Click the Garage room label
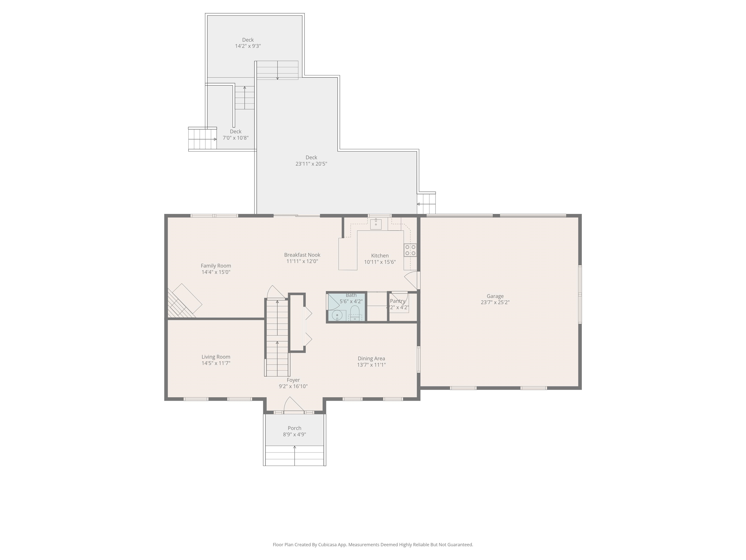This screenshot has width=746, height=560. click(495, 296)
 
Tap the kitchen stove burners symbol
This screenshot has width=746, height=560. click(410, 250)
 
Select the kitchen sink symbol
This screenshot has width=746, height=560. click(376, 224)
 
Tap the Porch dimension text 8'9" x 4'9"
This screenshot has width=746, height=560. click(294, 434)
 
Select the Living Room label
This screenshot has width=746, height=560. click(216, 357)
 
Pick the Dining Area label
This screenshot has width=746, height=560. click(371, 359)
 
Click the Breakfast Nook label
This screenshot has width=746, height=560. click(302, 255)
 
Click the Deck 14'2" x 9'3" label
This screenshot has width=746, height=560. click(248, 40)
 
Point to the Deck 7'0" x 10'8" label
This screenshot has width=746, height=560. click(235, 132)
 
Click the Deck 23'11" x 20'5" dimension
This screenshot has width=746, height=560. click(311, 164)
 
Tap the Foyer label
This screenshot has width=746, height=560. click(293, 380)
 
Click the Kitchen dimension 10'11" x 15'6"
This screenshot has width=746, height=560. click(380, 262)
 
